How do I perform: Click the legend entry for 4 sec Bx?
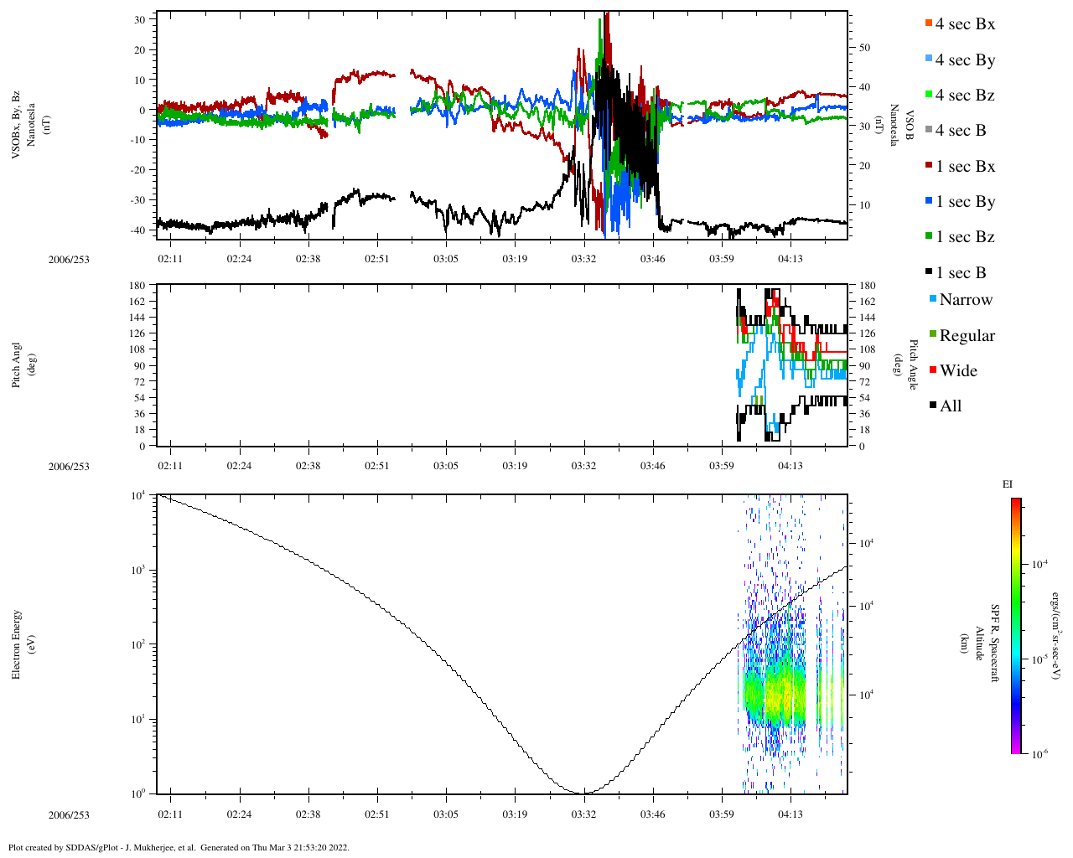[964, 24]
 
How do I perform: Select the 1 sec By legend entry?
[964, 202]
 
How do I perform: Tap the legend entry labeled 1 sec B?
[960, 273]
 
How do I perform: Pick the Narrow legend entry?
[965, 300]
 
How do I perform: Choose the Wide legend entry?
[957, 371]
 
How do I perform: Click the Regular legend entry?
[966, 336]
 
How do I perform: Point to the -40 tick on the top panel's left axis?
[140, 230]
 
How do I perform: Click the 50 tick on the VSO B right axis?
[864, 48]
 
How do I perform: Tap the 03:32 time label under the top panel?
[583, 259]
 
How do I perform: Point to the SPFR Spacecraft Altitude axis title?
[978, 643]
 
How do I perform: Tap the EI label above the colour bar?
[1008, 484]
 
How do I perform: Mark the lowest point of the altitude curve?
[584, 793]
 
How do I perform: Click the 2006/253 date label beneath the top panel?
[69, 260]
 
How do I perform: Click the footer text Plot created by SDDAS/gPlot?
[178, 847]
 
